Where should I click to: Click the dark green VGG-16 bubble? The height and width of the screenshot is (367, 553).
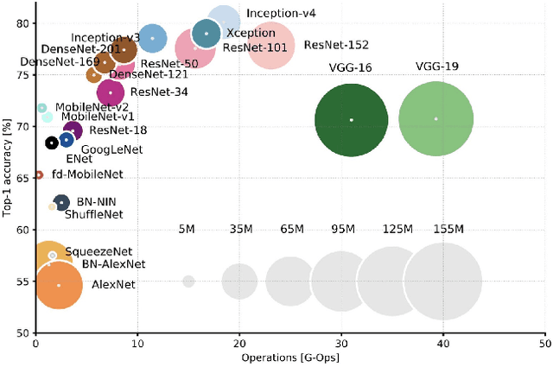pos(351,120)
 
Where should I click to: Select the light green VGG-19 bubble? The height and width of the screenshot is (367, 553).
pos(435,119)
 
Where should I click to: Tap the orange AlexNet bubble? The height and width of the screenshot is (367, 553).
pos(59,284)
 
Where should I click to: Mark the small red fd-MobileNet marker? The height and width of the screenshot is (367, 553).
pos(39,175)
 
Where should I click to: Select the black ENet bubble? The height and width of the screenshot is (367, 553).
pos(52,142)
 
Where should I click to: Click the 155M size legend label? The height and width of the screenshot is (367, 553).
pos(448,229)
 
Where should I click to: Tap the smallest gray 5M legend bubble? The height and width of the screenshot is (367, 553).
pos(188,282)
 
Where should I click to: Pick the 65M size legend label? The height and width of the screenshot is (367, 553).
pos(291,229)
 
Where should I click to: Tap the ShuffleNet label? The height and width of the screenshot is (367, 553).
pos(93,214)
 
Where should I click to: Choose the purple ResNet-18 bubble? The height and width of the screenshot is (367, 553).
pos(73,131)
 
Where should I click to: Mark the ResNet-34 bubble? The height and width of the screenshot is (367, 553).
pos(111,92)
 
